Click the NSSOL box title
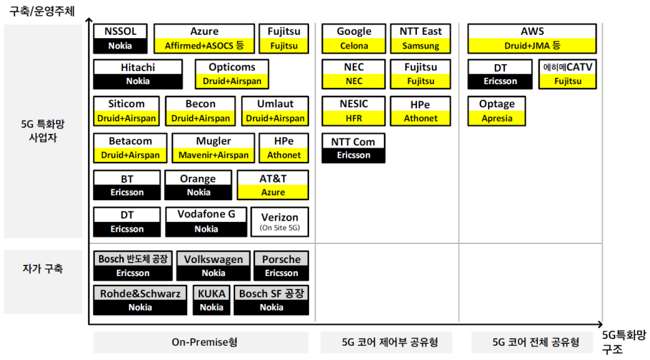[120, 31]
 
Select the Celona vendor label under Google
[354, 46]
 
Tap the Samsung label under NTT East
[420, 46]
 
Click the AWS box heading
[532, 31]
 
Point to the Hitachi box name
[137, 68]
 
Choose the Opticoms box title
[232, 67]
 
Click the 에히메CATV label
[567, 67]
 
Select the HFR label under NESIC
[353, 118]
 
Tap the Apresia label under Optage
[497, 118]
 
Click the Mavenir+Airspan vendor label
[213, 155]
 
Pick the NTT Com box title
[353, 141]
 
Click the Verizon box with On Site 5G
[280, 222]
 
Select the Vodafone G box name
[206, 214]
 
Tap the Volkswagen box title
[213, 260]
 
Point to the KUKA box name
[211, 294]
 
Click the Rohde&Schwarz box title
[140, 294]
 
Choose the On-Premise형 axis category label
[204, 342]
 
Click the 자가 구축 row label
[42, 269]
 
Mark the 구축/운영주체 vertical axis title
[42, 11]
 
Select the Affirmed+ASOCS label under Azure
[204, 46]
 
